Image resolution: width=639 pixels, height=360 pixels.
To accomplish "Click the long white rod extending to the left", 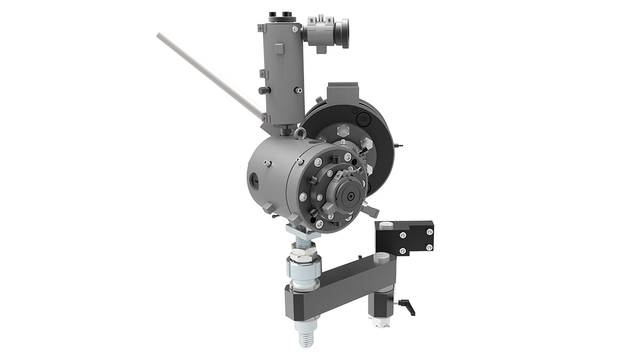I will point(208,75).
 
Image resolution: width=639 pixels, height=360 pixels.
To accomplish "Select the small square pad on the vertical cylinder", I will point(278,49).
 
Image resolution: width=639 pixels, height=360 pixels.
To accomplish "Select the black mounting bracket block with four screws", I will point(405,238).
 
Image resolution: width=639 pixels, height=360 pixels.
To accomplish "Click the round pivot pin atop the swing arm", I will point(381,258).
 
